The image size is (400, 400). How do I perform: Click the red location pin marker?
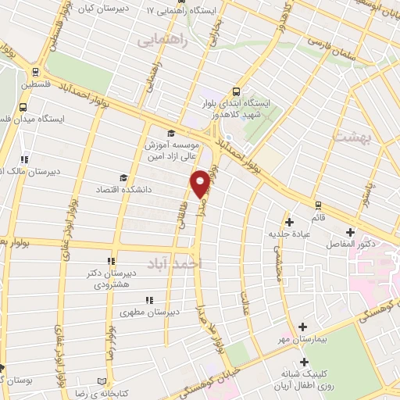pyautogui.click(x=200, y=183)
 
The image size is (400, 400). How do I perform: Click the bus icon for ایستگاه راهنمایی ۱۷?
pyautogui.click(x=149, y=12)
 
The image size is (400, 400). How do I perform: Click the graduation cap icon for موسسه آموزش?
pyautogui.click(x=171, y=133)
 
